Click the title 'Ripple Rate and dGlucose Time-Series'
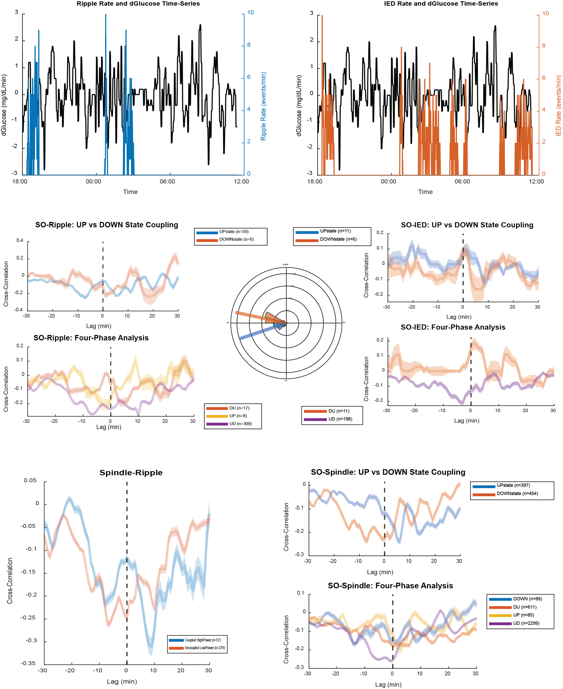[x=138, y=4]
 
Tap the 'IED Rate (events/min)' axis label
[x=558, y=105]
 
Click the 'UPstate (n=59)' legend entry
[x=234, y=231]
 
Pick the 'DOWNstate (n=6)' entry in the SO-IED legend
[x=338, y=239]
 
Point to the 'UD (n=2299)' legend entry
[x=526, y=623]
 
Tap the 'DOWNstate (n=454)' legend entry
[x=517, y=493]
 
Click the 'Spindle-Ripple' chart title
[x=131, y=472]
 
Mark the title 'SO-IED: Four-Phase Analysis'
[x=453, y=327]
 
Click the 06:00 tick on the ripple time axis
[x=167, y=181]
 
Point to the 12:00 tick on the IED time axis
[x=536, y=181]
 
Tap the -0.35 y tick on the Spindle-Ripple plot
[x=28, y=663]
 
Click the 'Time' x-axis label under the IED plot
[x=425, y=192]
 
